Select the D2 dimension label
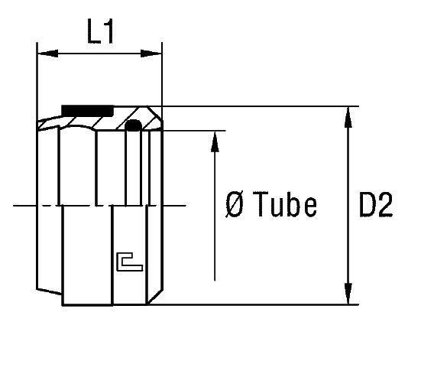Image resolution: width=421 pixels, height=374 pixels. (375, 205)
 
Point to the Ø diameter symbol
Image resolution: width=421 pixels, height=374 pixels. (236, 205)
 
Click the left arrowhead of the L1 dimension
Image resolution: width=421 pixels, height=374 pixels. (44, 54)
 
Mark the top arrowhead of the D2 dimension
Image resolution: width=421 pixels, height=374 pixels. (348, 113)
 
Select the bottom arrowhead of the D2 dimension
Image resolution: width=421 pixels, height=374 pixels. (348, 298)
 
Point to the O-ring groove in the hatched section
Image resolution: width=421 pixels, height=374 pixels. (134, 125)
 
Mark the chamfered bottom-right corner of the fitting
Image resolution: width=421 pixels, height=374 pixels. (158, 298)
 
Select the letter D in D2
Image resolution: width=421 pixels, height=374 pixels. (366, 205)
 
